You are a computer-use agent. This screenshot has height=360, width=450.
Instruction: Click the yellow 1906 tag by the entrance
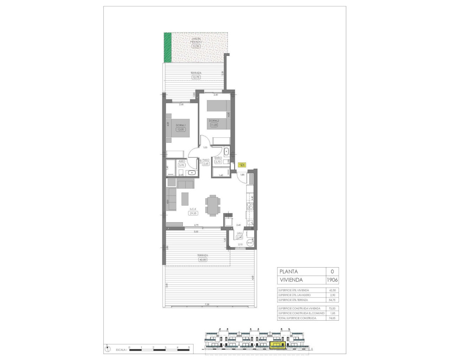[242, 165]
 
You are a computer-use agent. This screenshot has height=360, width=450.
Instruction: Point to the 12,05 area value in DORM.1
[181, 129]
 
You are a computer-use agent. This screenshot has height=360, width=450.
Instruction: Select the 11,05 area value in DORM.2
[214, 124]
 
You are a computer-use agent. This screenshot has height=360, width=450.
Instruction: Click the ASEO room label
[182, 161]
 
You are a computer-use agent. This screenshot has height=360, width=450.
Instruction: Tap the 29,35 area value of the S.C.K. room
[193, 213]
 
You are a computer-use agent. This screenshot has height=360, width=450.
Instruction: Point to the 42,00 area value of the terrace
[203, 260]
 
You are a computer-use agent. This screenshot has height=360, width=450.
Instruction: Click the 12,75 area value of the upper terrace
[196, 77]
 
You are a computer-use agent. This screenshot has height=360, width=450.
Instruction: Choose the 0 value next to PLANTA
[332, 271]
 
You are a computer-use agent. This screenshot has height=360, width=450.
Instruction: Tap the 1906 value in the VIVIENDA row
[332, 280]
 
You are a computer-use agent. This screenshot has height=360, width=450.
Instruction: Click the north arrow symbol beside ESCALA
[107, 349]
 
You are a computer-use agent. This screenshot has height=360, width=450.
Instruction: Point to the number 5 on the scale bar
[189, 347]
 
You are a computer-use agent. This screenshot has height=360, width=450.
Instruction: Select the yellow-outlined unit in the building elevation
[277, 345]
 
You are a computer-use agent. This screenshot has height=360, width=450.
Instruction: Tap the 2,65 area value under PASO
[206, 163]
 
